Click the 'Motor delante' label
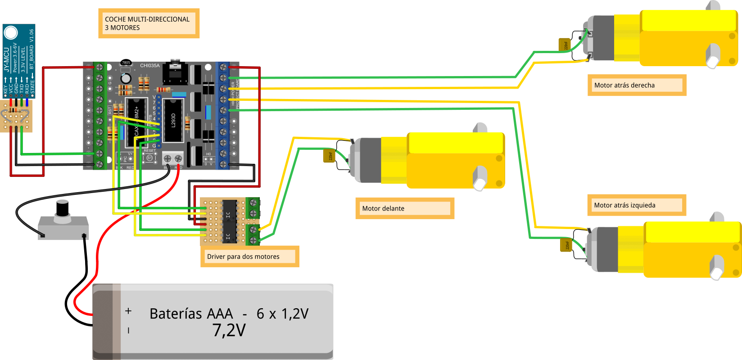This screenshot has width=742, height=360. point(383,208)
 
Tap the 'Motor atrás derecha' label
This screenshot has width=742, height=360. point(624,85)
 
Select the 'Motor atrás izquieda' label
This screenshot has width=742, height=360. point(624,205)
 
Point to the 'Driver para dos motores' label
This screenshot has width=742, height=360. point(243,256)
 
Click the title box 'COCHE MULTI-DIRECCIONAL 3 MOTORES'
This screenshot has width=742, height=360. point(147,23)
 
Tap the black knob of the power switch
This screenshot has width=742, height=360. point(62,208)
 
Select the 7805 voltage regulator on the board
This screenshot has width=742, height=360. point(126,63)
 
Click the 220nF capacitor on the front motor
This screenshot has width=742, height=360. point(330,156)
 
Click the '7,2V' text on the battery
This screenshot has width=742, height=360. point(229,330)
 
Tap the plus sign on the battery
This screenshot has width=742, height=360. point(128,311)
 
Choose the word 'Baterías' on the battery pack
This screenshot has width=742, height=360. point(191,314)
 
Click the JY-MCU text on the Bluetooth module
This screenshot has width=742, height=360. point(6,60)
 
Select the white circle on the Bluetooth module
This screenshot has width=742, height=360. point(10,32)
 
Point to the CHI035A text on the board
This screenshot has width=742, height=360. point(149,66)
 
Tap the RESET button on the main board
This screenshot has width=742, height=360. point(149,157)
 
